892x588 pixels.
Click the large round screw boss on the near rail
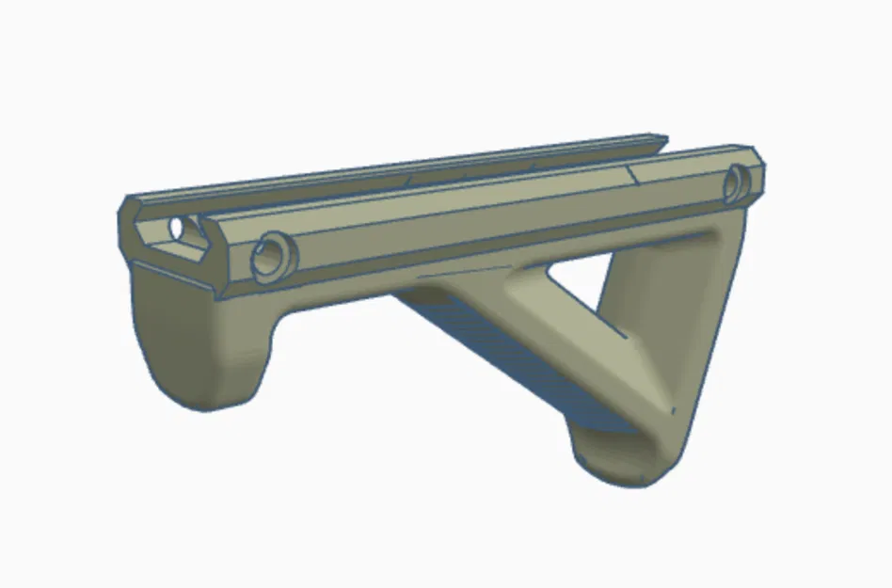pyautogui.click(x=273, y=254)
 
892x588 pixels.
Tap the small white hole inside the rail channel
pyautogui.click(x=175, y=228)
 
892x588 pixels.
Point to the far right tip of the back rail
pyautogui.click(x=664, y=141)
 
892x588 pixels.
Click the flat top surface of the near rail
pyautogui.click(x=470, y=193)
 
